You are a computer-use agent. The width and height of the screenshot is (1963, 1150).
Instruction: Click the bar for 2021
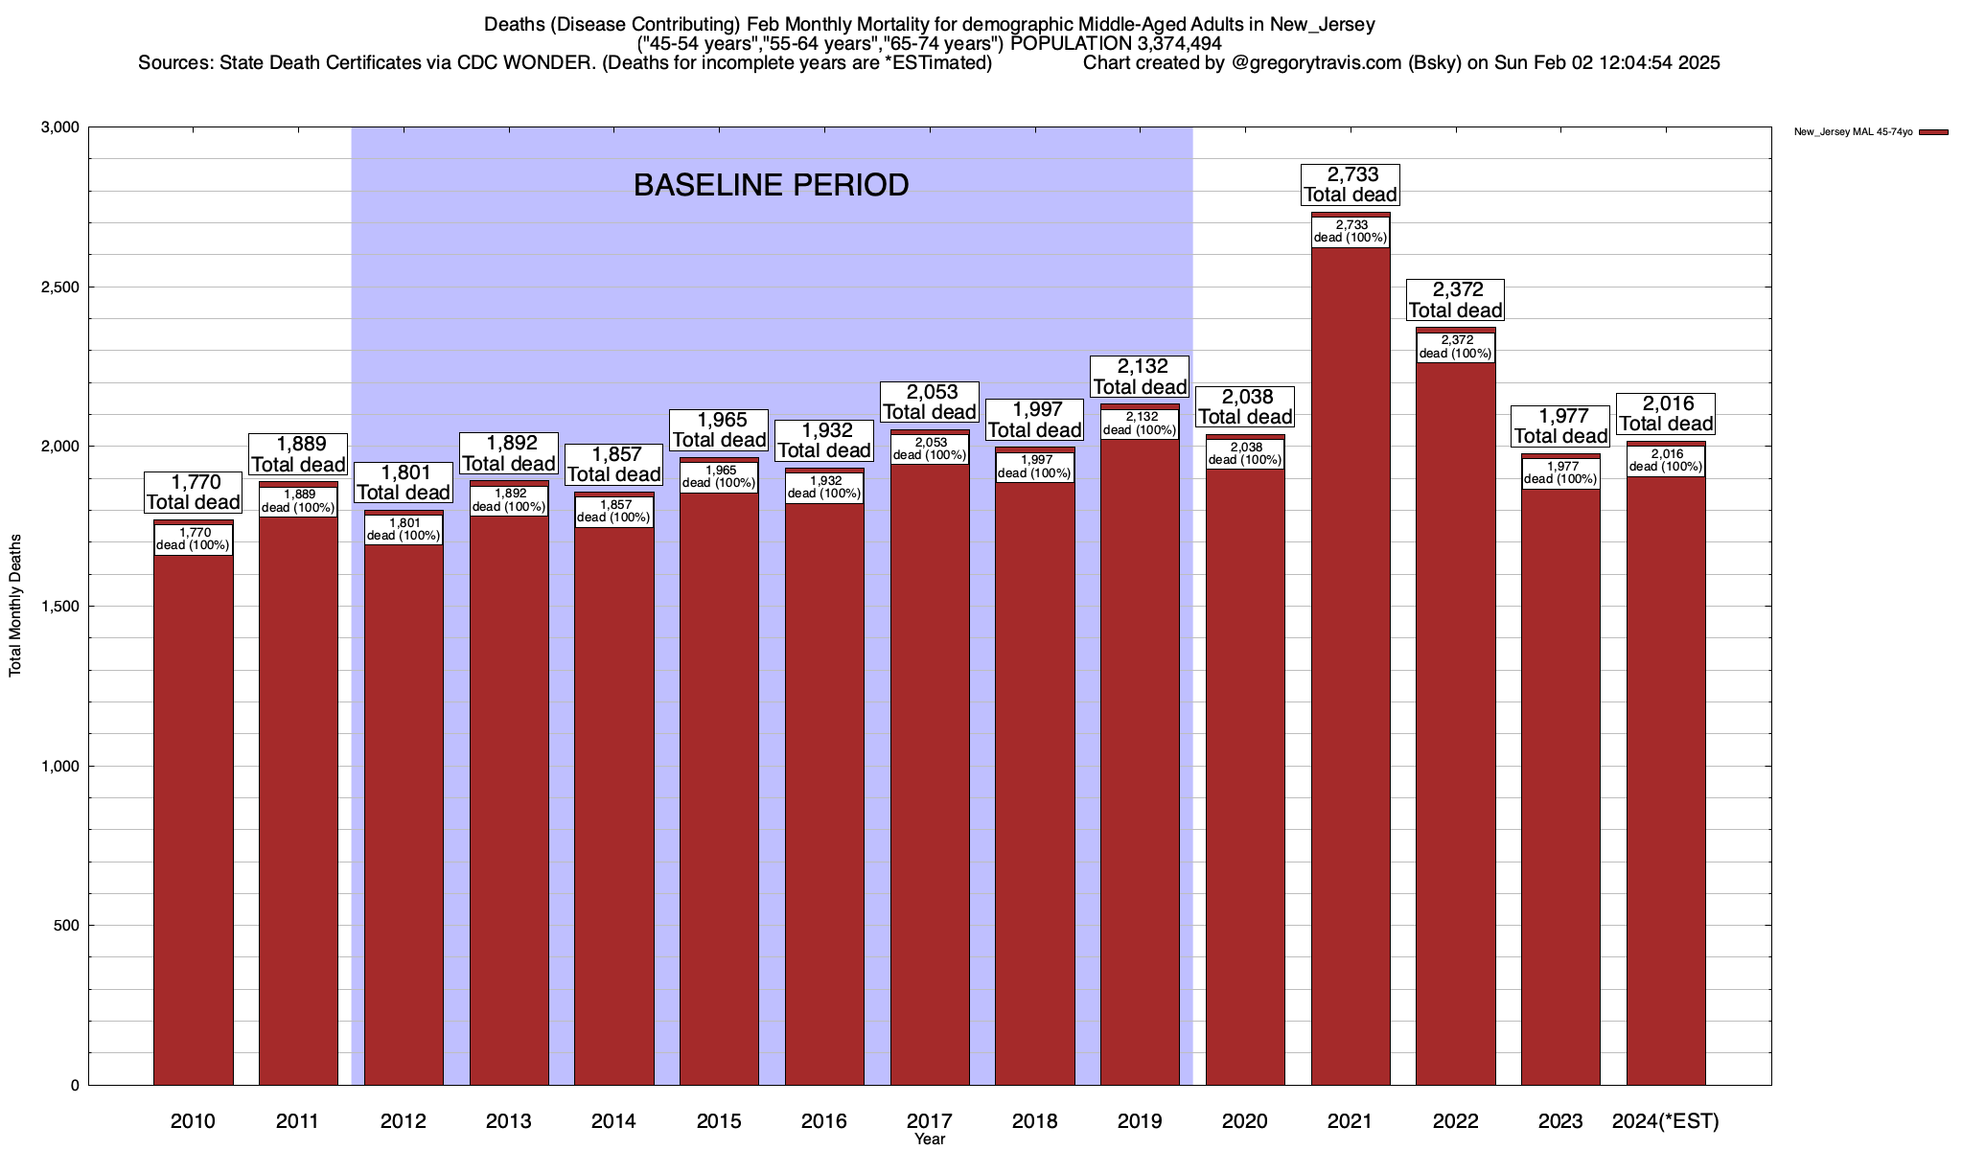coord(1351,671)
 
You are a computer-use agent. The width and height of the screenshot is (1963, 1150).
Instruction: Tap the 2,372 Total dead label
coord(1455,300)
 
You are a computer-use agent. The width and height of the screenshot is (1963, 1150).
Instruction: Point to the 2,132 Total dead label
coord(1140,377)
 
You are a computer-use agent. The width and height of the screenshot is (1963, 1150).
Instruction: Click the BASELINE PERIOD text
coord(771,185)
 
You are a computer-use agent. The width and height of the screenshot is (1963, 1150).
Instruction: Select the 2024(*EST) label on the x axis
coord(1666,1121)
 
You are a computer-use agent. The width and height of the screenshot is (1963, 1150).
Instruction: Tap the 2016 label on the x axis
coord(824,1121)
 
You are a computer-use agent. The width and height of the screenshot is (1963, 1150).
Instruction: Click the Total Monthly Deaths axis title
coord(15,606)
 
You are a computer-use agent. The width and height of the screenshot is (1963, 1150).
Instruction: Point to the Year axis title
coord(929,1139)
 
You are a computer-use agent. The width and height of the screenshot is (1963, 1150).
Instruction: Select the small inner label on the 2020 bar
coord(1245,453)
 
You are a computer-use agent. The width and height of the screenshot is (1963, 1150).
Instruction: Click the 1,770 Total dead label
coord(193,492)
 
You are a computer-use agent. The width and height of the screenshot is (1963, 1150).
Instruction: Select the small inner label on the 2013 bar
coord(509,500)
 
